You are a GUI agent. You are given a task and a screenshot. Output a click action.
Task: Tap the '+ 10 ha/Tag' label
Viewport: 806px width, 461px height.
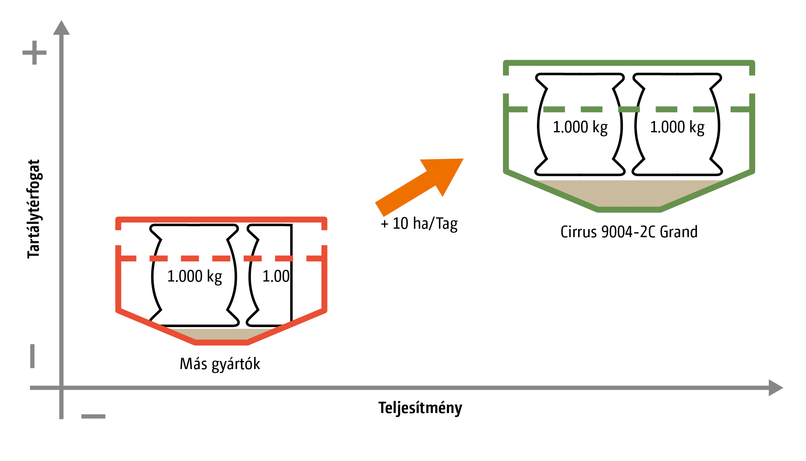coord(419,224)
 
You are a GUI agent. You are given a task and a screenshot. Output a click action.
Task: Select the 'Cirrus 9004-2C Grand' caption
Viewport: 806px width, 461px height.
coord(629,232)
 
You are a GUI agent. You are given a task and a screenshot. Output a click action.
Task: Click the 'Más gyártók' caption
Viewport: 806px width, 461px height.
coord(220,364)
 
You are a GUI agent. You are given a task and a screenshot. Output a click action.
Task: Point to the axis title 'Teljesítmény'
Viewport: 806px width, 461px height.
coord(420,408)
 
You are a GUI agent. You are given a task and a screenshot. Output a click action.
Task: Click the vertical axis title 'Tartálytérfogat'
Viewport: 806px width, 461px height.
coord(34,209)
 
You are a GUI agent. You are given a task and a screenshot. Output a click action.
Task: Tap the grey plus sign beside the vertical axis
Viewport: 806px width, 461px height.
coord(34,52)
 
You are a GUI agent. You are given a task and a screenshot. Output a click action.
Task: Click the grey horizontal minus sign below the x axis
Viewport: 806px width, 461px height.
coord(93,416)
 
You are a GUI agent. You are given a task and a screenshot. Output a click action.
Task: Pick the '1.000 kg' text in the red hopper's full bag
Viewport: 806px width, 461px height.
coord(194,277)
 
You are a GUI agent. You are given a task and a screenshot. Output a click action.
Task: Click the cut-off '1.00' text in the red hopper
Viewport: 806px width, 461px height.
coord(276,277)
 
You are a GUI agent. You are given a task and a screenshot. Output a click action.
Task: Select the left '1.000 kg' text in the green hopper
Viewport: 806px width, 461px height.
coord(580,127)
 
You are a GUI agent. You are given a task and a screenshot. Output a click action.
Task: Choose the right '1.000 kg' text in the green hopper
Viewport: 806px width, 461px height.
coord(677,127)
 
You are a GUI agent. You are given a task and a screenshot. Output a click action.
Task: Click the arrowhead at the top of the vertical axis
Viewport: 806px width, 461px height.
coord(61,28)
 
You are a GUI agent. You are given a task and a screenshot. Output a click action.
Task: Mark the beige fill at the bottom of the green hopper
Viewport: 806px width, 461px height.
coord(629,194)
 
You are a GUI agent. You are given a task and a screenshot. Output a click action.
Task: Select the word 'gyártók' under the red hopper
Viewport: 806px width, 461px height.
coord(236,364)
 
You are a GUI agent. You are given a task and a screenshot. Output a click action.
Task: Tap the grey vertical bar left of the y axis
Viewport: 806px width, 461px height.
coord(32,356)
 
